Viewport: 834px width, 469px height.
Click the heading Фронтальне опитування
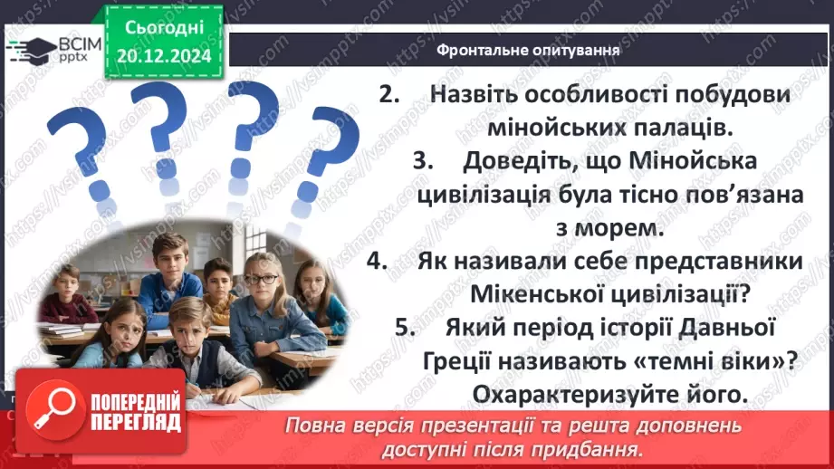[x=529, y=50]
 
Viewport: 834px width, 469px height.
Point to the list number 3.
[x=422, y=161]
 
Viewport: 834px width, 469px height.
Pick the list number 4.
[x=377, y=262]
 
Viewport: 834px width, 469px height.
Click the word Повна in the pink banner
[x=312, y=426]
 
